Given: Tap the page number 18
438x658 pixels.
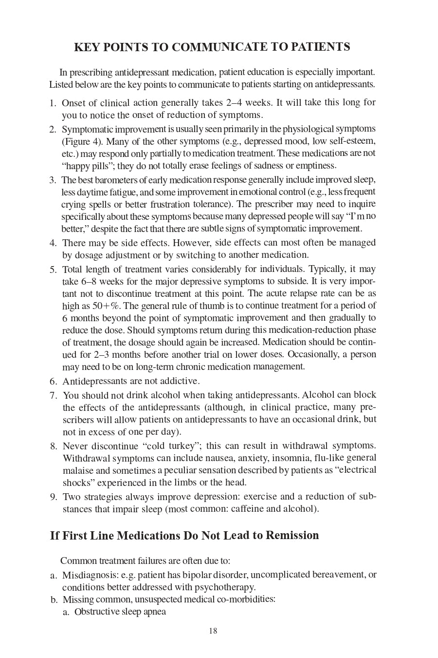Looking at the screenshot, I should click(x=213, y=631).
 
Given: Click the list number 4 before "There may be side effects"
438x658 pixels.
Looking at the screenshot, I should click(x=53, y=243).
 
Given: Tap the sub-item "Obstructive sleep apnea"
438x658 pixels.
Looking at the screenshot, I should click(x=120, y=612).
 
